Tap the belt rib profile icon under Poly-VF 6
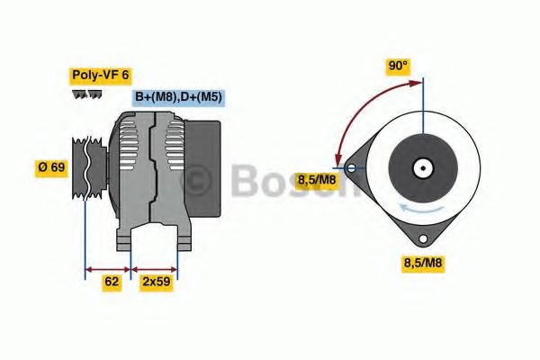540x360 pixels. tap(86, 95)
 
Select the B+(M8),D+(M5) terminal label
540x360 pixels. tap(178, 97)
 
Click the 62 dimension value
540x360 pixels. tap(112, 281)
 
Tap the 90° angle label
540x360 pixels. tap(398, 66)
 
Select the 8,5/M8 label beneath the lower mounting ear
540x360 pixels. tap(422, 263)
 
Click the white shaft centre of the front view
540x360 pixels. tap(421, 168)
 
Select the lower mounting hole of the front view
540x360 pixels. tap(421, 238)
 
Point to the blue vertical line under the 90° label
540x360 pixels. tap(421, 103)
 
